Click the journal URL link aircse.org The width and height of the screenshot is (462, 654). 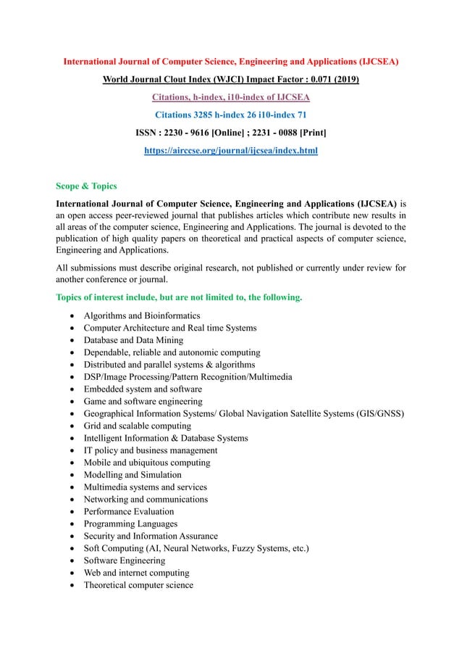[230, 151]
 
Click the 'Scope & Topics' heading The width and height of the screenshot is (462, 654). [88, 186]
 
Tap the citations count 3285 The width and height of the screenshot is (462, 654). [193, 115]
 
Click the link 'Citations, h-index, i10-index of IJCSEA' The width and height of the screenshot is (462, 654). [230, 97]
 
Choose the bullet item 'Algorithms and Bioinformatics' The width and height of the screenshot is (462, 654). [142, 316]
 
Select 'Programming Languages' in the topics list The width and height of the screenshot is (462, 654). [131, 523]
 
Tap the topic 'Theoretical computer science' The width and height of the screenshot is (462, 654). [138, 585]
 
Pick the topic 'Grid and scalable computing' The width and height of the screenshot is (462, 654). [137, 426]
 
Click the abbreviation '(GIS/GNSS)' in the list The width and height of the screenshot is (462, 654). [378, 414]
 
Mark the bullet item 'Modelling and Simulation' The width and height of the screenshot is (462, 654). [133, 475]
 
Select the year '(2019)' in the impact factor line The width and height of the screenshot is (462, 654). [344, 79]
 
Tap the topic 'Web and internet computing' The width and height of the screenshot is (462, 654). [137, 573]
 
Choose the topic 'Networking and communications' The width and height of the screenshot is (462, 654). [146, 499]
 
